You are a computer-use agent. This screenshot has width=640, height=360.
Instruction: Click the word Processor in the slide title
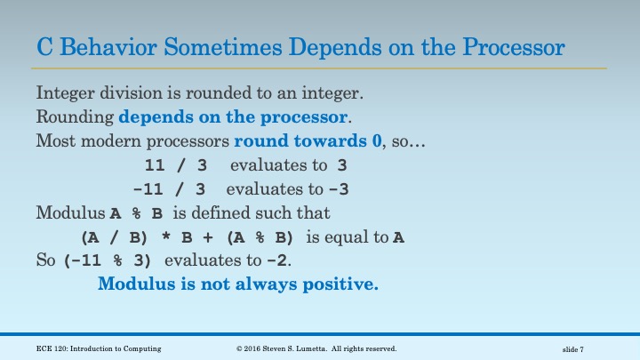coord(514,46)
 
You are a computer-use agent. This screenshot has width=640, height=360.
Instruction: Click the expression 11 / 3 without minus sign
coord(174,165)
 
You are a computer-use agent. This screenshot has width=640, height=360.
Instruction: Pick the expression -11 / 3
coord(169,189)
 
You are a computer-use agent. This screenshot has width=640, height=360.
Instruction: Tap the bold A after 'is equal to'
coord(399,237)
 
